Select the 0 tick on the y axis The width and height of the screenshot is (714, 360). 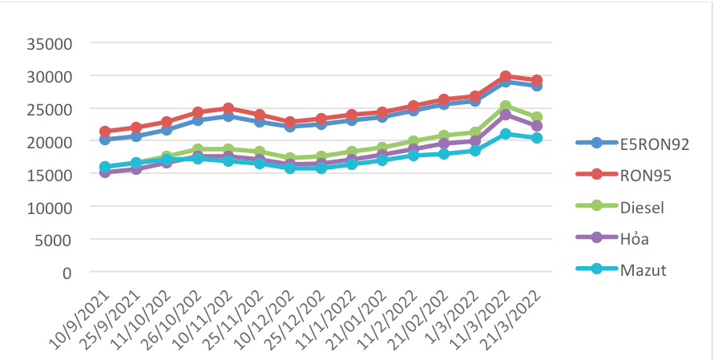pyautogui.click(x=67, y=273)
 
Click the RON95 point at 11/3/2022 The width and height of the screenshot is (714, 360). pyautogui.click(x=506, y=77)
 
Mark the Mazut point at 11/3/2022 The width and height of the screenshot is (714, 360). pyautogui.click(x=506, y=134)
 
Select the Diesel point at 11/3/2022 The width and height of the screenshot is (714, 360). pyautogui.click(x=506, y=106)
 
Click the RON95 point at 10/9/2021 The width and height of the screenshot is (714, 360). pyautogui.click(x=105, y=131)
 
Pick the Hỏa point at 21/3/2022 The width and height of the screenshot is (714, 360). pyautogui.click(x=537, y=126)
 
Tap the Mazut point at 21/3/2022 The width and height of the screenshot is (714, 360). pyautogui.click(x=537, y=138)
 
